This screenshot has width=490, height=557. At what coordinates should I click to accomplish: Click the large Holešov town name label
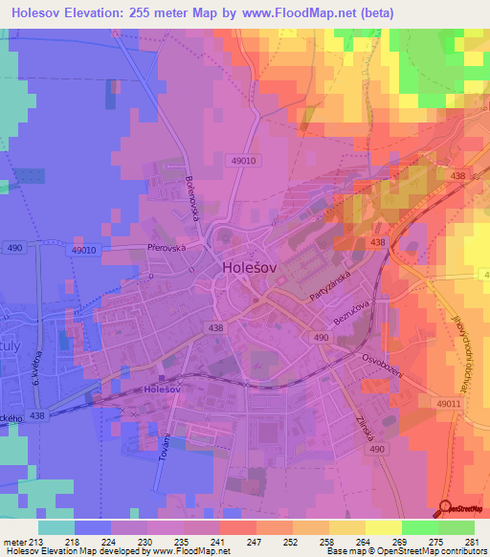coord(251,268)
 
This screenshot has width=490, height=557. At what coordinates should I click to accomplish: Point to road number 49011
coord(447,405)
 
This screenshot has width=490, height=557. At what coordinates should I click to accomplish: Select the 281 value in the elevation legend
coord(461,541)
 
